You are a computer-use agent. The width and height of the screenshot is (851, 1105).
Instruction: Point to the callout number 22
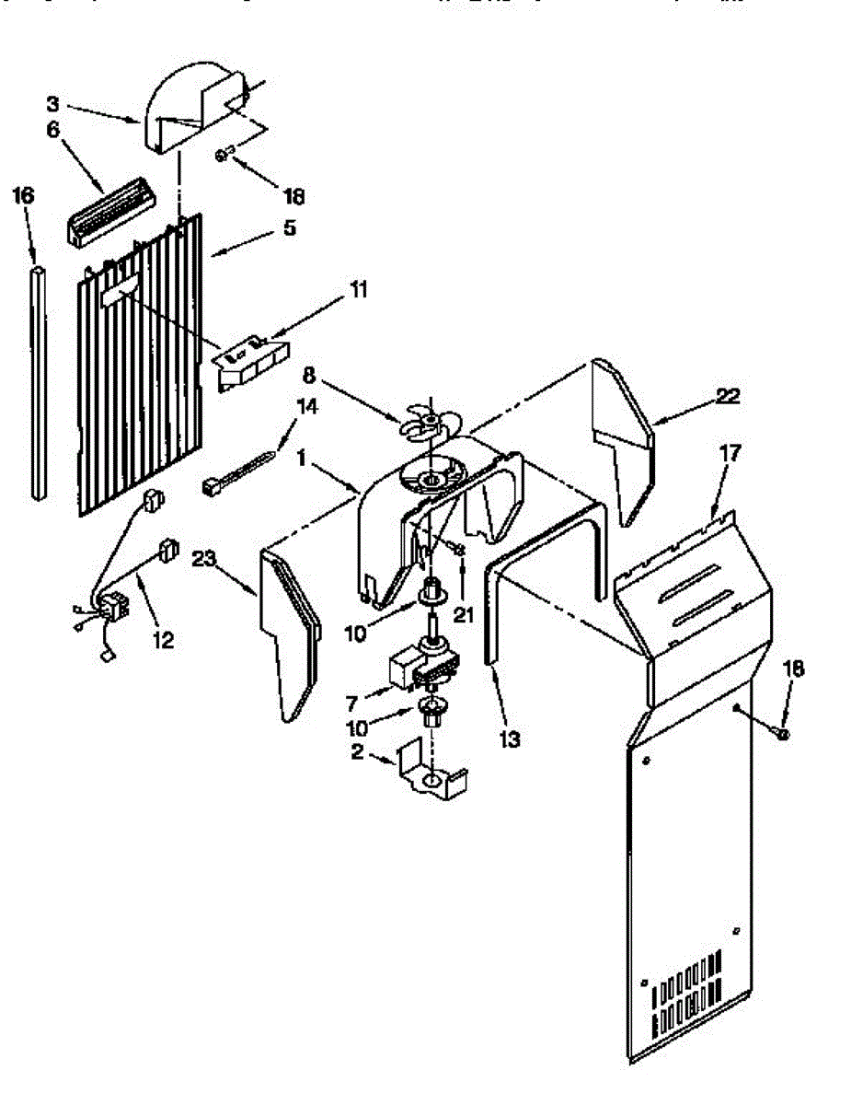tap(727, 397)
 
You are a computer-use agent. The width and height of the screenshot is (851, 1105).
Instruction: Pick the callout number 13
tap(510, 738)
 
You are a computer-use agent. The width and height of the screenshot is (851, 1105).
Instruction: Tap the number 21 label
tap(463, 614)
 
